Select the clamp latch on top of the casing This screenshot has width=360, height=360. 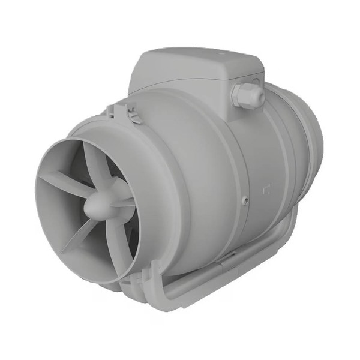pos(123,110)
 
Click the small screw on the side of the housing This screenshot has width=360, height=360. pos(245,200)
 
